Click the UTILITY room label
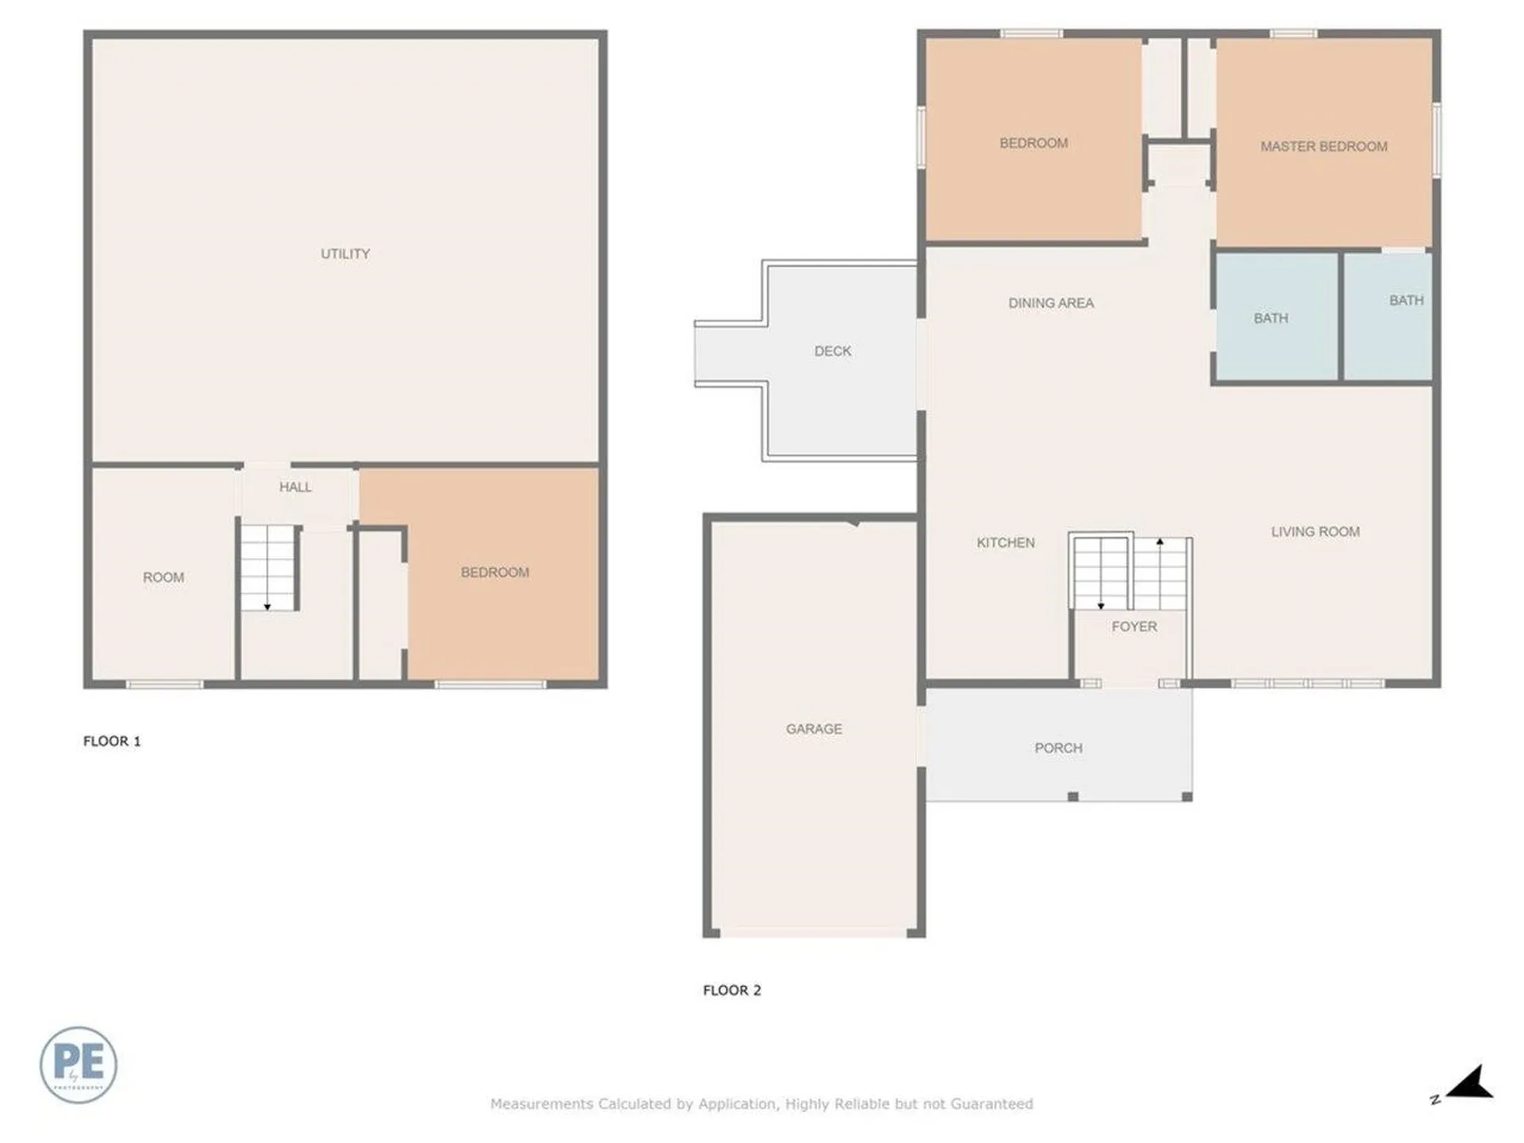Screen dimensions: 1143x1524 (344, 253)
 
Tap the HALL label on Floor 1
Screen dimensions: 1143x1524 (295, 487)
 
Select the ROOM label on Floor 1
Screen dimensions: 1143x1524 (164, 577)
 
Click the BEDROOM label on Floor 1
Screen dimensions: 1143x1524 (495, 572)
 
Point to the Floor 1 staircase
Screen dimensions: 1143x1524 (268, 567)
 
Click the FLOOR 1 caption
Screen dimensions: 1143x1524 (112, 741)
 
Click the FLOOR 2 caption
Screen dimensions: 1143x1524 (732, 990)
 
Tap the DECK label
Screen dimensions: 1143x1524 (833, 351)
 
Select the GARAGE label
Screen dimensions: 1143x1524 (814, 729)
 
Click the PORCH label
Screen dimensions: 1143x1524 (1058, 748)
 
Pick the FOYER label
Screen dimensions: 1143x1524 (1134, 626)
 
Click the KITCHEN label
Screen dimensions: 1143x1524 (1005, 542)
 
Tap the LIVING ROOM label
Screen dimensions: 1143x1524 (1315, 531)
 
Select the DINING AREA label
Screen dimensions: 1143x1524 (1051, 302)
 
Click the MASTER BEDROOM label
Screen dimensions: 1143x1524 (1324, 146)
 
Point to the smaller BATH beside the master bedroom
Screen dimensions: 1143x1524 (1406, 300)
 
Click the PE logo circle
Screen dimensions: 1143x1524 (79, 1064)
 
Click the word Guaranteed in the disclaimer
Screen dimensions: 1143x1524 (991, 1103)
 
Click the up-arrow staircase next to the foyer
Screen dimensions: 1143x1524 (1160, 573)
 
